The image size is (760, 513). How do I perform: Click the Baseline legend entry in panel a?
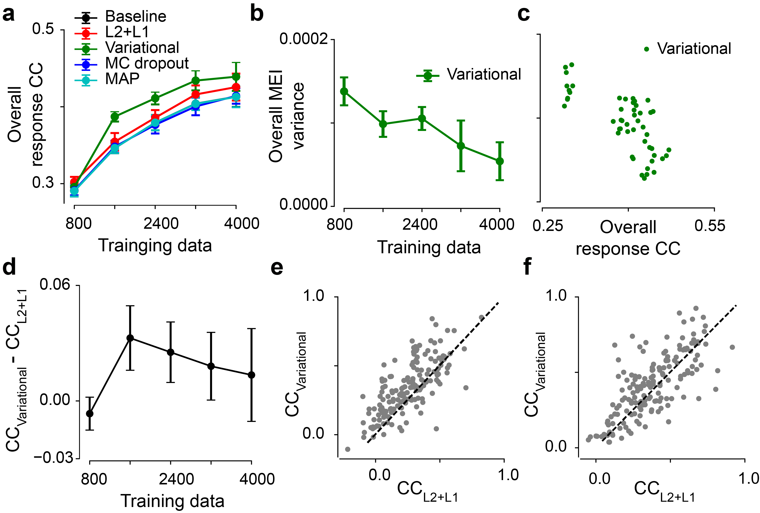click(x=135, y=16)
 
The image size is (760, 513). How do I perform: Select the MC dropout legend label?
click(x=147, y=63)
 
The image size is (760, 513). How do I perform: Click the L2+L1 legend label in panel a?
click(x=127, y=32)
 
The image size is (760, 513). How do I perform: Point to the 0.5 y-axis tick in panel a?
click(x=43, y=29)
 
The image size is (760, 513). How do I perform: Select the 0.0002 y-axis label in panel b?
click(x=303, y=39)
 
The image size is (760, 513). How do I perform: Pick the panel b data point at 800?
click(x=344, y=92)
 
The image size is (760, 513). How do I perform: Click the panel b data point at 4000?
click(x=500, y=161)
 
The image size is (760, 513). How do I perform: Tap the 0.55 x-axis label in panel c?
click(x=710, y=226)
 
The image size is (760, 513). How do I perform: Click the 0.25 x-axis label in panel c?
click(x=548, y=226)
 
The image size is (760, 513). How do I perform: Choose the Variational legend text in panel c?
click(x=694, y=49)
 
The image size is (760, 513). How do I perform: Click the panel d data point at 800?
click(x=90, y=414)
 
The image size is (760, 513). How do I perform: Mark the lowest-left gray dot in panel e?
click(x=348, y=449)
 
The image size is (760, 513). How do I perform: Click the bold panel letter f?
click(x=527, y=267)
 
